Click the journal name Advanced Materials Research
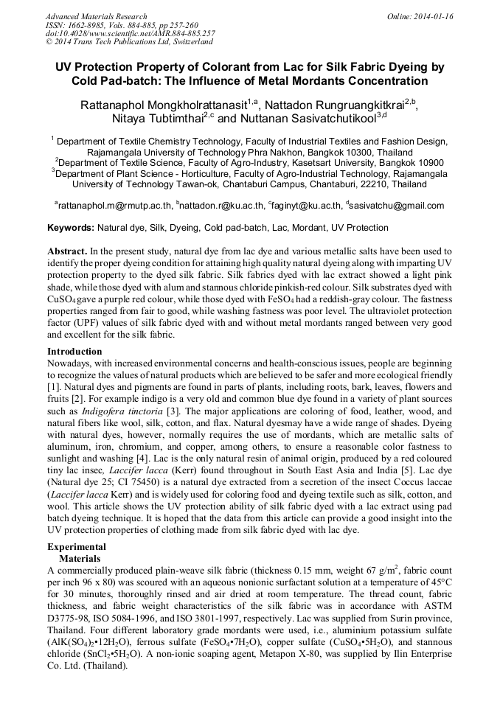pos(96,16)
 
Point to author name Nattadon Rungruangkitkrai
pos(336,105)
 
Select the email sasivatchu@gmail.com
pos(396,206)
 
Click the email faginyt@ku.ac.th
pos(306,206)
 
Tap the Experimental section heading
pos(77,547)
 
